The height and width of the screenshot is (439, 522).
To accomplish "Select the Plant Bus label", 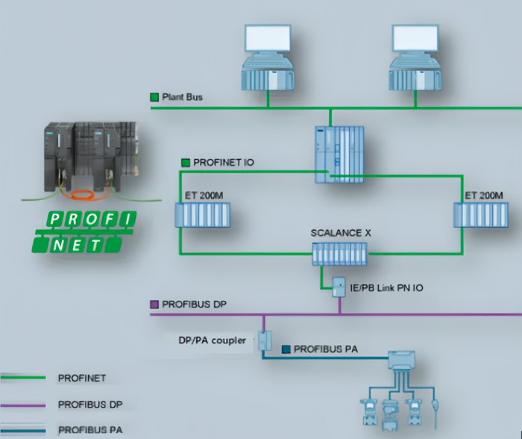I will click(x=182, y=97).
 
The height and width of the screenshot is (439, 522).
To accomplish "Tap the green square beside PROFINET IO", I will click(x=186, y=161).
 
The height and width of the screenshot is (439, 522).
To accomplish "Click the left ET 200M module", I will click(x=203, y=215).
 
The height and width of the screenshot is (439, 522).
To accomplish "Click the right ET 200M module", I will click(x=481, y=215).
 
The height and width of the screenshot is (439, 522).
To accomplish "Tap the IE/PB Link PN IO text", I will click(x=387, y=287).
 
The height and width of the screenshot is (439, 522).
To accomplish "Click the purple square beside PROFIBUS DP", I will click(x=155, y=305).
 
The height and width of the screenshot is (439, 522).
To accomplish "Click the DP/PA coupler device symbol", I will click(x=262, y=340).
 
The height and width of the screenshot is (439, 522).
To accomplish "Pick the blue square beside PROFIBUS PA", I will click(x=286, y=349).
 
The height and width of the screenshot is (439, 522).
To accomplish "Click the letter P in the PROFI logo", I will click(x=56, y=219).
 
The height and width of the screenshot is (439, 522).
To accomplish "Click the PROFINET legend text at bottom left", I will click(x=83, y=379).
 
